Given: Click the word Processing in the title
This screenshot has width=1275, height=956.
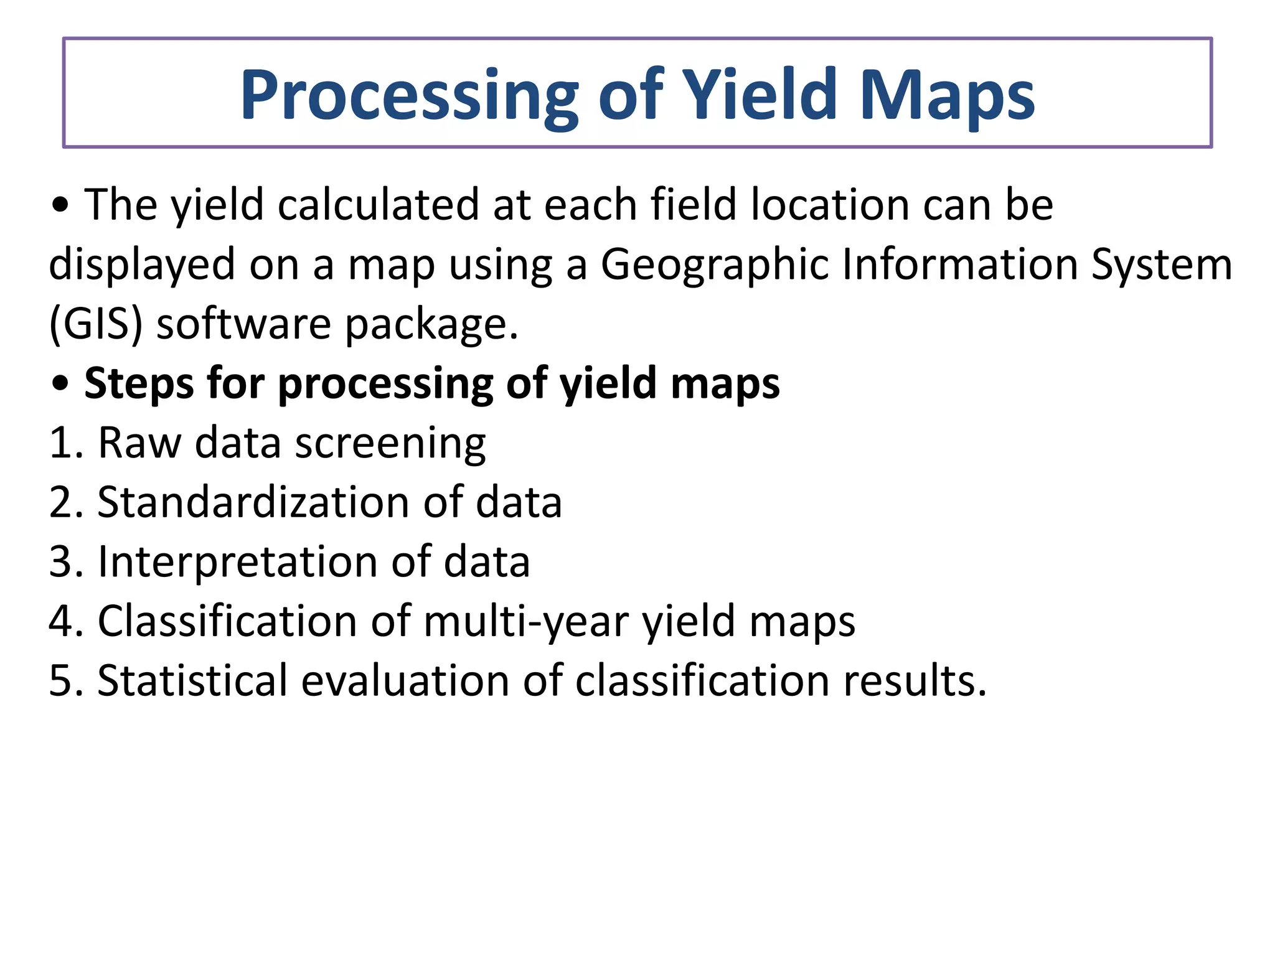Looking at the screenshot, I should point(408,96).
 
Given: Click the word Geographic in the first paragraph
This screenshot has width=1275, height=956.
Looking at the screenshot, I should point(714,265).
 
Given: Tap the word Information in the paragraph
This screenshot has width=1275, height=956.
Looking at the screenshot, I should point(960,264).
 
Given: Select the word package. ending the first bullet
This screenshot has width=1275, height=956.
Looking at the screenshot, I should point(431,325).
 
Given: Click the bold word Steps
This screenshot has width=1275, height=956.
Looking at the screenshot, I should point(139,383).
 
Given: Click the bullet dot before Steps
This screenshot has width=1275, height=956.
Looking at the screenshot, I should point(60,385).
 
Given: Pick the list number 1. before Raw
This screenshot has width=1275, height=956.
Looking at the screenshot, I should point(65,443).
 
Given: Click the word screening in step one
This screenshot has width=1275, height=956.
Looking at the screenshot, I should point(390,444).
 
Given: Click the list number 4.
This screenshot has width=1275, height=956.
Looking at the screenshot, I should point(65,621).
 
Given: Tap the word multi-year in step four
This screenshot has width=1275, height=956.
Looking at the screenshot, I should point(526,621).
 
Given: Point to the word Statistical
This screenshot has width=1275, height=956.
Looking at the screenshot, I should point(192,680).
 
